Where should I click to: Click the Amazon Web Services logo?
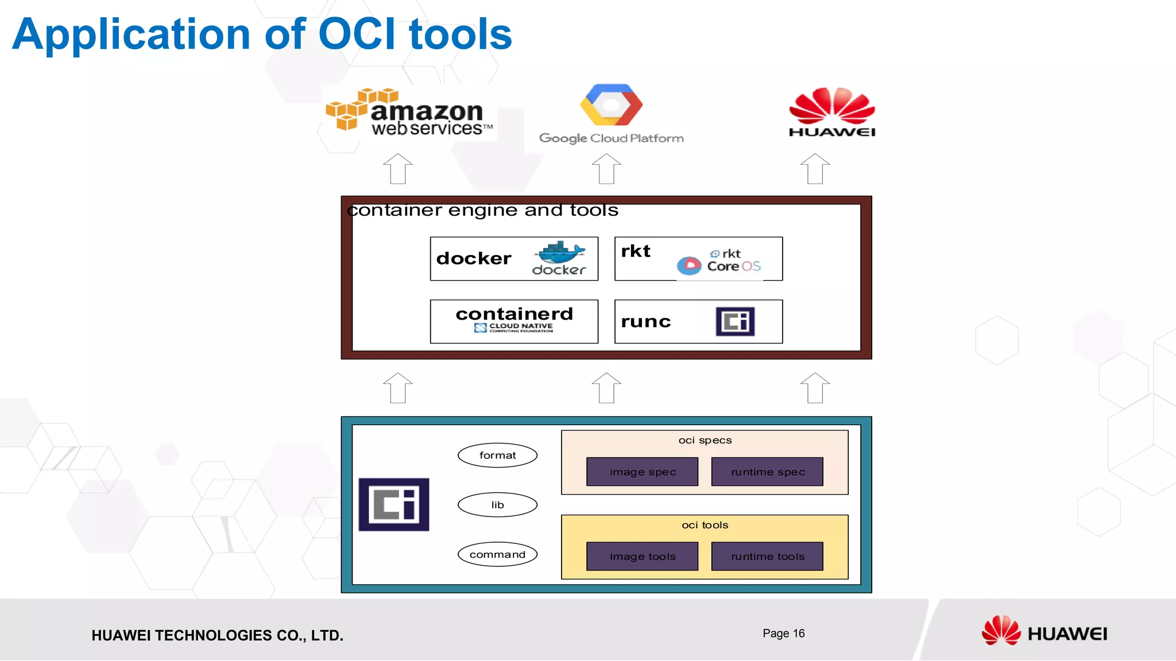tap(409, 112)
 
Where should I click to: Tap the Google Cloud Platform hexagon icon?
tap(611, 105)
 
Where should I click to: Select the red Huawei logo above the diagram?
tap(832, 112)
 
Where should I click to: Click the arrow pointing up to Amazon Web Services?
tap(398, 169)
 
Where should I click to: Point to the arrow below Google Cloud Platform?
tap(606, 169)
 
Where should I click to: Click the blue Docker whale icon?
tap(560, 252)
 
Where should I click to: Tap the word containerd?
tap(514, 314)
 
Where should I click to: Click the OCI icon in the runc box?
tap(735, 321)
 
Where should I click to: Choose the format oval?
tap(497, 456)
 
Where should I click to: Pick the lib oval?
tap(497, 505)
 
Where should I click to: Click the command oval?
tap(497, 554)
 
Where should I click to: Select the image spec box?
tap(642, 472)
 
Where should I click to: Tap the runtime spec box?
tap(767, 472)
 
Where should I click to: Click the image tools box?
tap(642, 557)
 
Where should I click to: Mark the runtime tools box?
tap(767, 557)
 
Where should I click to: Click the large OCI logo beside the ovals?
tap(394, 504)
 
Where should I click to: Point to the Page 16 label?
tap(783, 633)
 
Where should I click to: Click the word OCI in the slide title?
tap(356, 34)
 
